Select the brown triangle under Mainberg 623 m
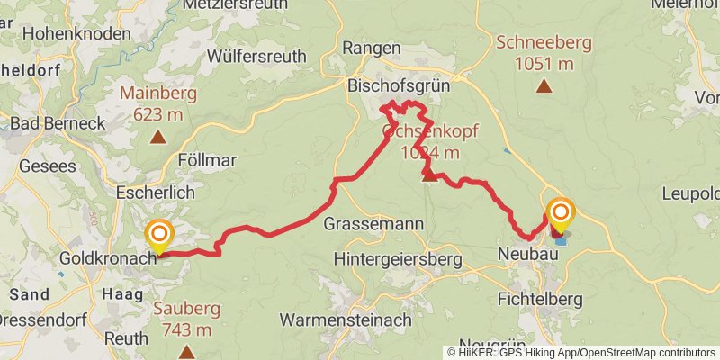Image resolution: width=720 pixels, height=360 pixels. [x=158, y=138]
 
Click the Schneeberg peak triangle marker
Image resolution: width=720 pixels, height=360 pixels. [x=543, y=86]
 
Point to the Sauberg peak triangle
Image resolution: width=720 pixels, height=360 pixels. [x=186, y=352]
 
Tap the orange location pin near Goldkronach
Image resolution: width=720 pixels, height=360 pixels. [x=159, y=237]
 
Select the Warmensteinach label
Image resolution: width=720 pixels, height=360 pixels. [x=346, y=319]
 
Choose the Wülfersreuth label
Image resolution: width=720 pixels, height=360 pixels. [x=253, y=55]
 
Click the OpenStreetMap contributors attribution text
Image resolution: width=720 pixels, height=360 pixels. [x=644, y=352]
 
